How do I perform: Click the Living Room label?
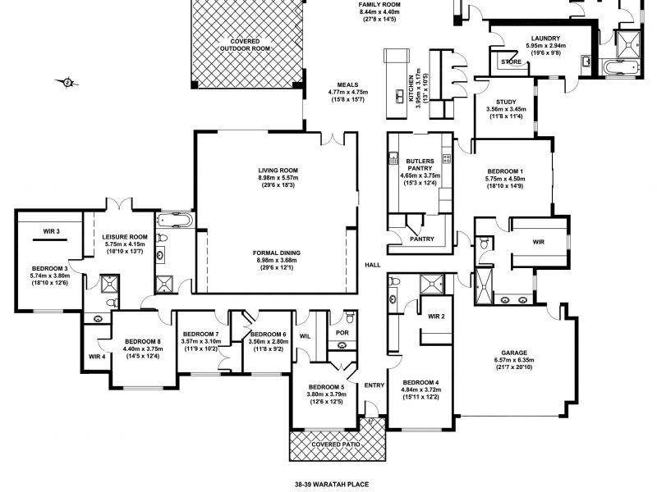coord(277,170)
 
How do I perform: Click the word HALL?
coord(374,265)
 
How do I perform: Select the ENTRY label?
coord(374,385)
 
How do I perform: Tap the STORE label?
coord(512,61)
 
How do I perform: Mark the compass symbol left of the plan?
coord(67,81)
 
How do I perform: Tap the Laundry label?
coord(545,38)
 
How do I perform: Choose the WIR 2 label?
coord(436,316)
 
